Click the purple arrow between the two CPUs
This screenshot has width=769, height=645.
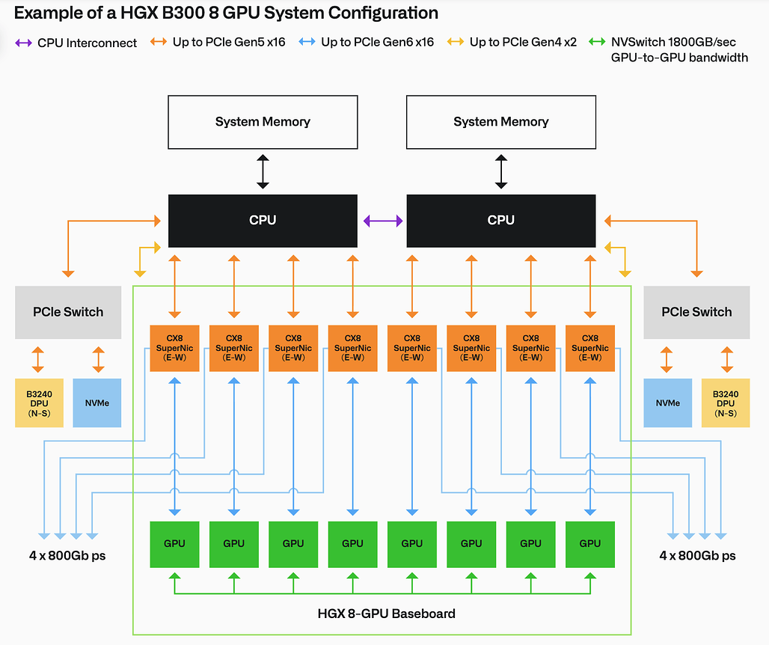383,221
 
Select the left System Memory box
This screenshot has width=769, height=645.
263,122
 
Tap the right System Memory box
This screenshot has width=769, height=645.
501,122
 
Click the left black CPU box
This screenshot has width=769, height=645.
263,221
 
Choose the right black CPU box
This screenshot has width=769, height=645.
501,221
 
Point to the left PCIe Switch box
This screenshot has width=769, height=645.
68,313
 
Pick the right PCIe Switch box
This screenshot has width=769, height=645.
696,313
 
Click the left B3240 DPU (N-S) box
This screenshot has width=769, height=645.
39,403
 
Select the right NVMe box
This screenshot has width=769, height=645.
668,403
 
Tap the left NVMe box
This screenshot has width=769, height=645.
97,403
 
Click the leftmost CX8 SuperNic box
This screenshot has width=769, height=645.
174,348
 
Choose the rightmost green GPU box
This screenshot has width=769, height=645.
590,544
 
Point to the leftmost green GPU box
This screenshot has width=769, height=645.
174,544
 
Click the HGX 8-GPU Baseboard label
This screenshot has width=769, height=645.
387,614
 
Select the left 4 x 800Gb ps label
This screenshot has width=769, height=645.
67,556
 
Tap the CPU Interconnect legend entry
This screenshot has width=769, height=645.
76,43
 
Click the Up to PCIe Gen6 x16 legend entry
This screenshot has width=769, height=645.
367,42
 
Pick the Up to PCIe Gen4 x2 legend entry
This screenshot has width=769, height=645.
512,42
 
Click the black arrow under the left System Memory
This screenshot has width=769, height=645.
263,171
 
